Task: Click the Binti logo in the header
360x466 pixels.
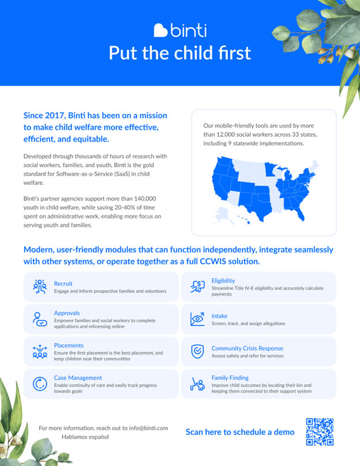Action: (180, 30)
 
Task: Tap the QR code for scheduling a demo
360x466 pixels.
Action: (320, 432)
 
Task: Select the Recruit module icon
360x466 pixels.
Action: (40, 286)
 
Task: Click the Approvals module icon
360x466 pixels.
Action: (40, 319)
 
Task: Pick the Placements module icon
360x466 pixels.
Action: (40, 351)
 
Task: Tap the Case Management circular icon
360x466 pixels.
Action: (40, 383)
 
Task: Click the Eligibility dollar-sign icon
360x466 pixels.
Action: (197, 286)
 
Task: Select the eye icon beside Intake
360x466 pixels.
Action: (197, 319)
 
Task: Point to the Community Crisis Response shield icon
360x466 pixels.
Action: (197, 351)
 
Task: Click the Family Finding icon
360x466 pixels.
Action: (197, 383)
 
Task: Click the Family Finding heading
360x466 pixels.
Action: (230, 378)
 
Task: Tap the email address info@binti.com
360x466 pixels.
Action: (144, 428)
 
